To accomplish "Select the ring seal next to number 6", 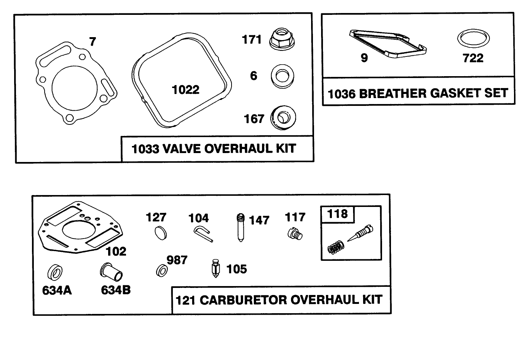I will pos(283,76).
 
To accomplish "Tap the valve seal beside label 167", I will pos(283,118).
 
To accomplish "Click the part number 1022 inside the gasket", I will pos(186,90).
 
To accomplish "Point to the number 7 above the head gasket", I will pos(93,41).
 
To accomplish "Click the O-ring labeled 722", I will pos(473,39).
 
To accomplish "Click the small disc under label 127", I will pos(161,233).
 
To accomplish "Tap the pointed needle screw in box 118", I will pos(360,234).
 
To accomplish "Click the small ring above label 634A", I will pos(55,273).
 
